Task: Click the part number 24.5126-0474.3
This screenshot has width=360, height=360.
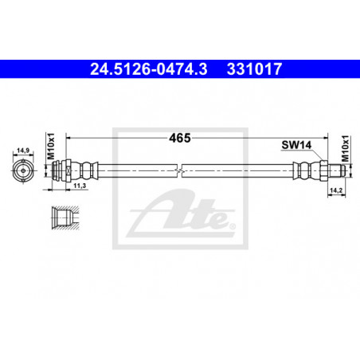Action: point(149,69)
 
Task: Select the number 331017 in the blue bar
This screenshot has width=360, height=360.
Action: point(254,69)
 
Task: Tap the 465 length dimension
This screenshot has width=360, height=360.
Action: point(180,138)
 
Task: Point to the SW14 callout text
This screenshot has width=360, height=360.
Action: point(296,145)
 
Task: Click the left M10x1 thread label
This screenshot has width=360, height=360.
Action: point(51,147)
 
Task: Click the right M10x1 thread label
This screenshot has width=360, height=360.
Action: point(345,149)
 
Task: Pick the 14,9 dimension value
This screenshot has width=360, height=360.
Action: point(23,151)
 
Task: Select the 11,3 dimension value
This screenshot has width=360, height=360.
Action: point(80,186)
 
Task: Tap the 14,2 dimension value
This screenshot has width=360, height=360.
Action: point(336,190)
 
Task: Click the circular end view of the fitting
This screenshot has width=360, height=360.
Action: point(23,170)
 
